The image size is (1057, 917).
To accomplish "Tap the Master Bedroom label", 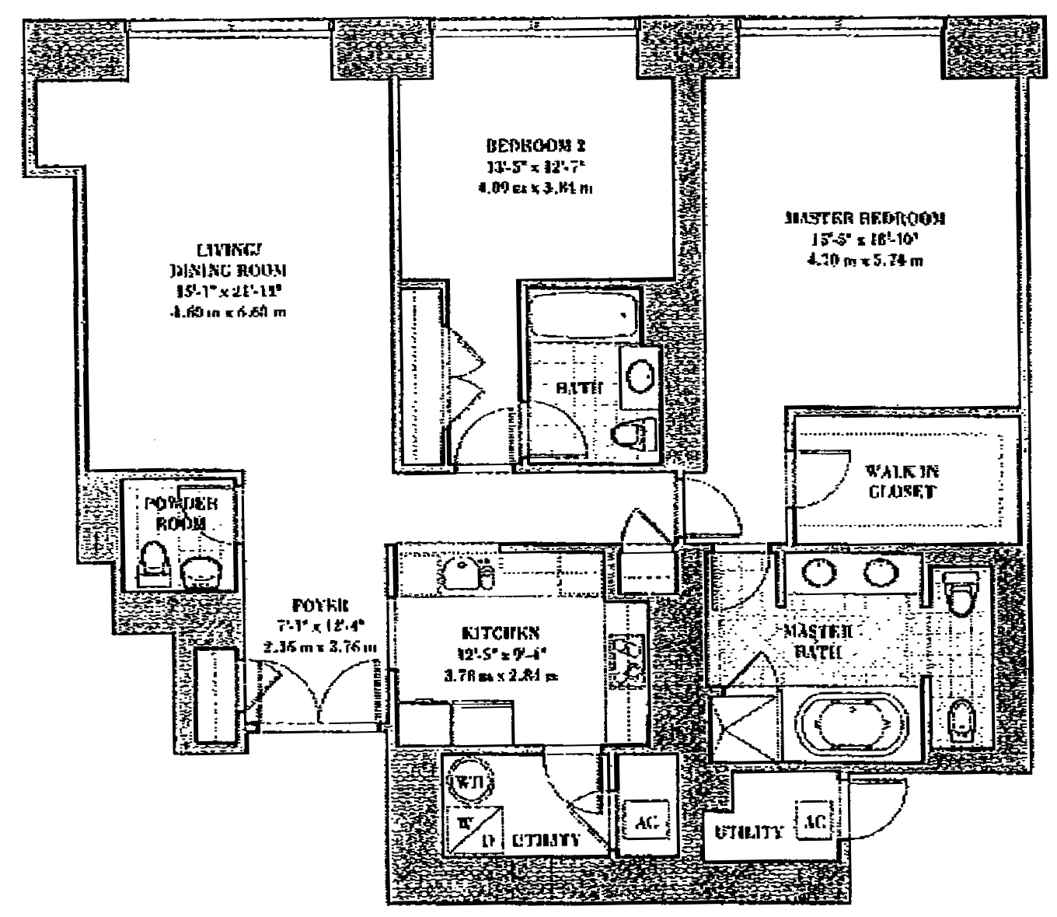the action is pyautogui.click(x=864, y=219).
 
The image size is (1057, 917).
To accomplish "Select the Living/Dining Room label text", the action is pyautogui.click(x=226, y=261).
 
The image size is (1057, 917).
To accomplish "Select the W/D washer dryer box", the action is pyautogui.click(x=473, y=830).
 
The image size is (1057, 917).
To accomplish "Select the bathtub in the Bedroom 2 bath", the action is pyautogui.click(x=581, y=315).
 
